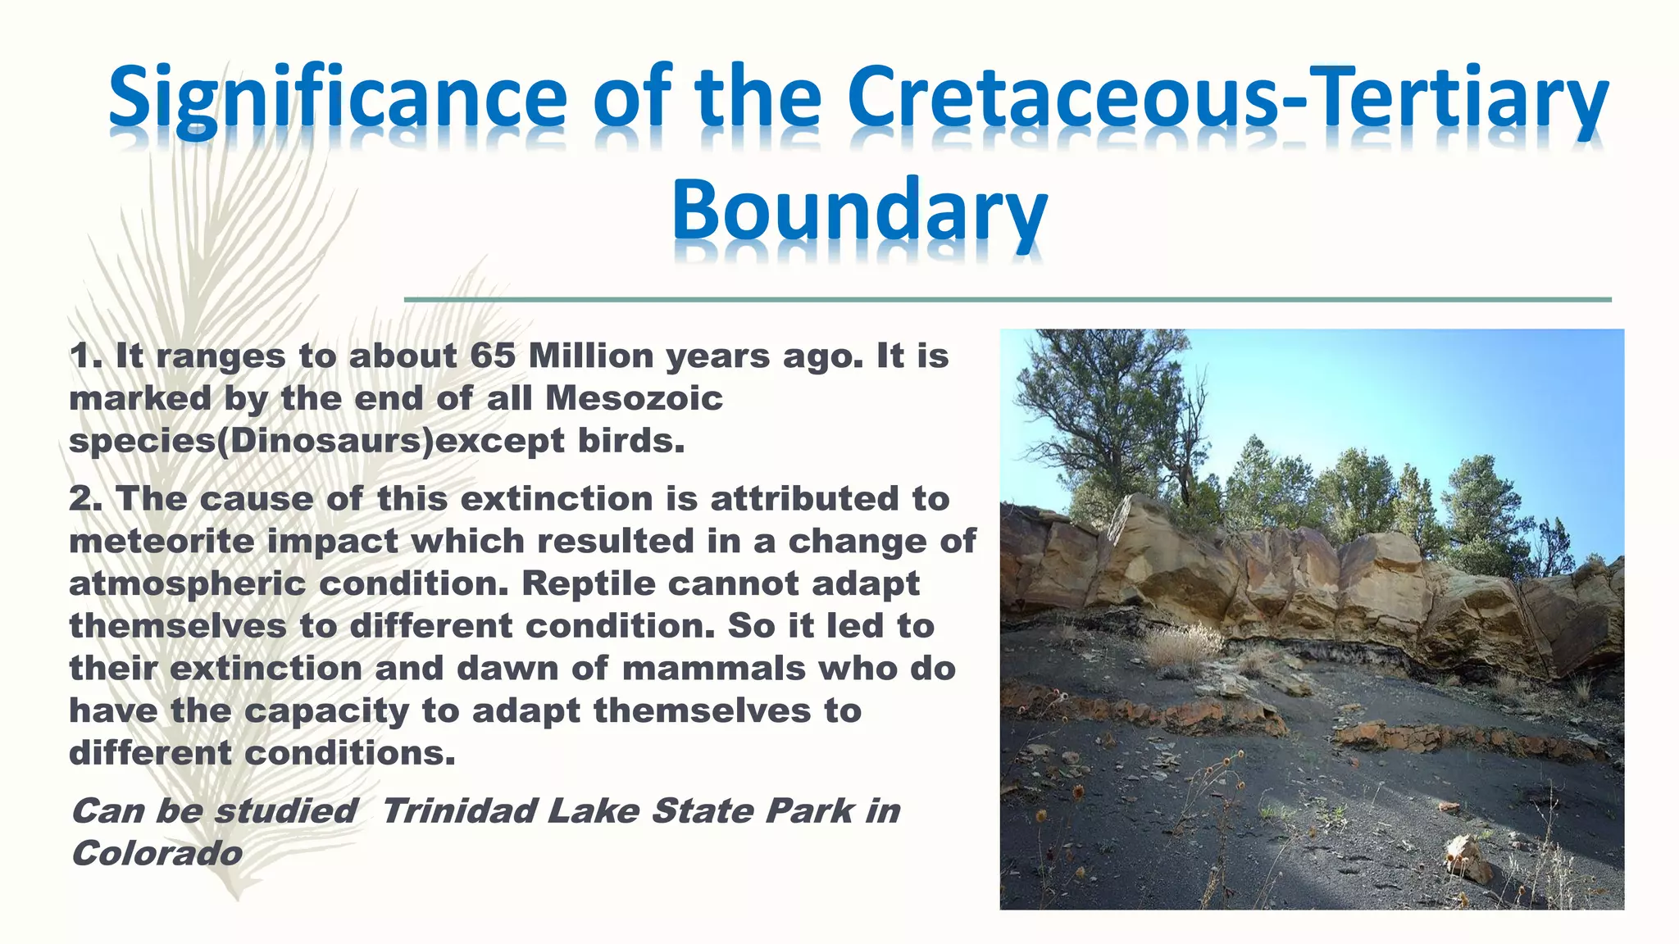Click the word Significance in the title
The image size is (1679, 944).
pyautogui.click(x=337, y=100)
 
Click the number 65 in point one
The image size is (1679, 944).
pyautogui.click(x=492, y=356)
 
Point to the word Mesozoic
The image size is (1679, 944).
pyautogui.click(x=634, y=399)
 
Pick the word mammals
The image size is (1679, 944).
pyautogui.click(x=713, y=669)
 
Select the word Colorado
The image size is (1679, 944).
pyautogui.click(x=157, y=854)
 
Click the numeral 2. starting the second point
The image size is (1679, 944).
pyautogui.click(x=85, y=499)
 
